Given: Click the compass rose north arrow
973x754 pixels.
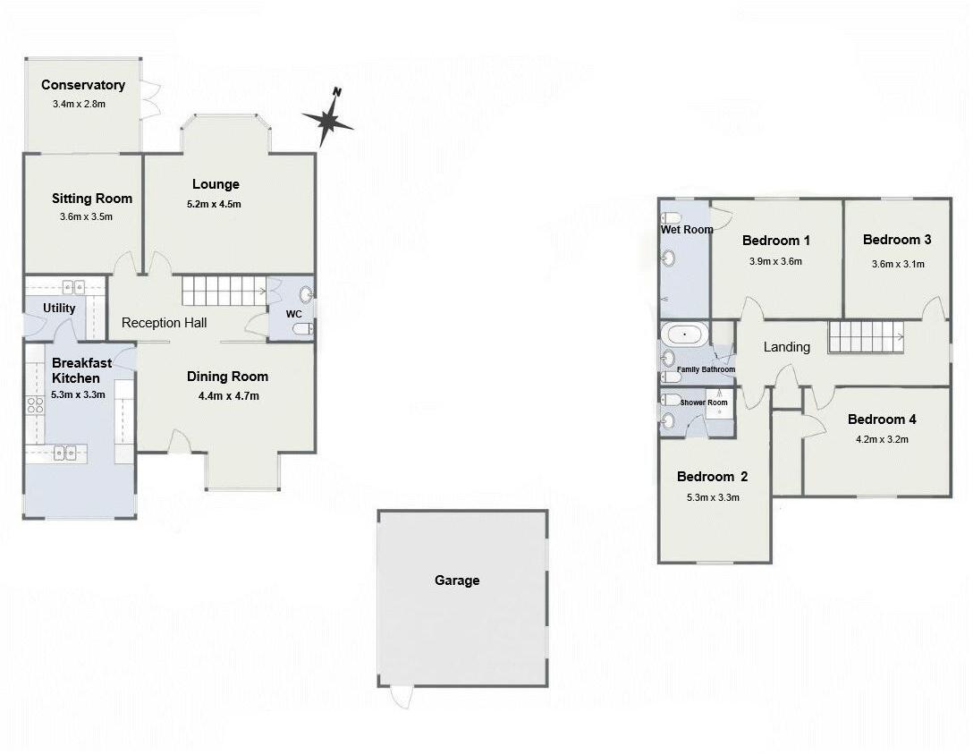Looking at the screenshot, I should [x=328, y=118].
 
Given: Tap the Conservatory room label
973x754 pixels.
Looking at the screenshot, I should [x=83, y=85].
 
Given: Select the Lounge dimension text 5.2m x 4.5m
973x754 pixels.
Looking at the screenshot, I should [x=216, y=204].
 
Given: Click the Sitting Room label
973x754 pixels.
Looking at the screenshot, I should [x=91, y=199].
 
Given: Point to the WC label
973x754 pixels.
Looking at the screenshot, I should [x=293, y=314].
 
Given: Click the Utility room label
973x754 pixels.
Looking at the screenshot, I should [x=60, y=308].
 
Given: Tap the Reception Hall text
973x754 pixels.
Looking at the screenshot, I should [x=165, y=323].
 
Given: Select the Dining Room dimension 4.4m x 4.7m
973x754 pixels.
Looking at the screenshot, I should [x=228, y=395].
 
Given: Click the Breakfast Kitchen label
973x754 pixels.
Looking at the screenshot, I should [x=81, y=370].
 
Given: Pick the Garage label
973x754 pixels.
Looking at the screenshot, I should [x=457, y=580].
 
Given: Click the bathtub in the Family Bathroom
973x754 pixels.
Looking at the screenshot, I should [x=685, y=335].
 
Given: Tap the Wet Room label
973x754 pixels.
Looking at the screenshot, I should [x=686, y=230].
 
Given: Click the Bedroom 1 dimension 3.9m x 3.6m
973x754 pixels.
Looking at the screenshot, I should [x=775, y=262].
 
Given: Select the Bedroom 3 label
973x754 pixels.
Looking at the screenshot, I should [x=897, y=240].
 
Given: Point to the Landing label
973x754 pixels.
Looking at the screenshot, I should [x=786, y=347].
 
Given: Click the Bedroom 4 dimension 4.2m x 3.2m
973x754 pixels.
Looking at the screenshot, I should [x=882, y=439].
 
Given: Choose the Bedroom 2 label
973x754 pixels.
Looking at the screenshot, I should [x=712, y=476].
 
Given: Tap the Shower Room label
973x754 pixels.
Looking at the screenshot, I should [x=704, y=402].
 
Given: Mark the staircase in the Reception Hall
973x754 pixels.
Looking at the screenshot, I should [x=224, y=291].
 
